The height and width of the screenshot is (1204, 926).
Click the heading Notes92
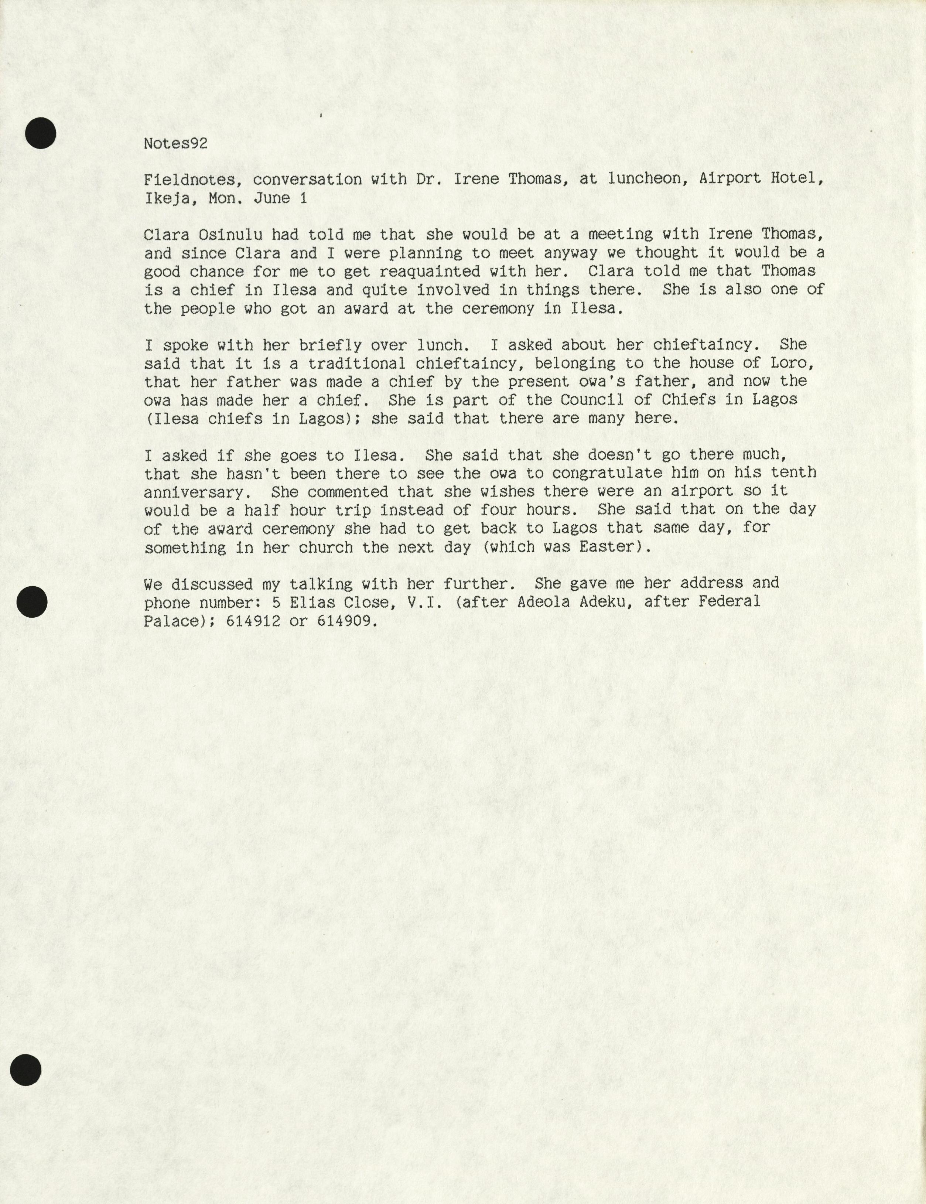tap(175, 144)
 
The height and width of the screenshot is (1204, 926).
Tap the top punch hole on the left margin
tap(41, 133)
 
